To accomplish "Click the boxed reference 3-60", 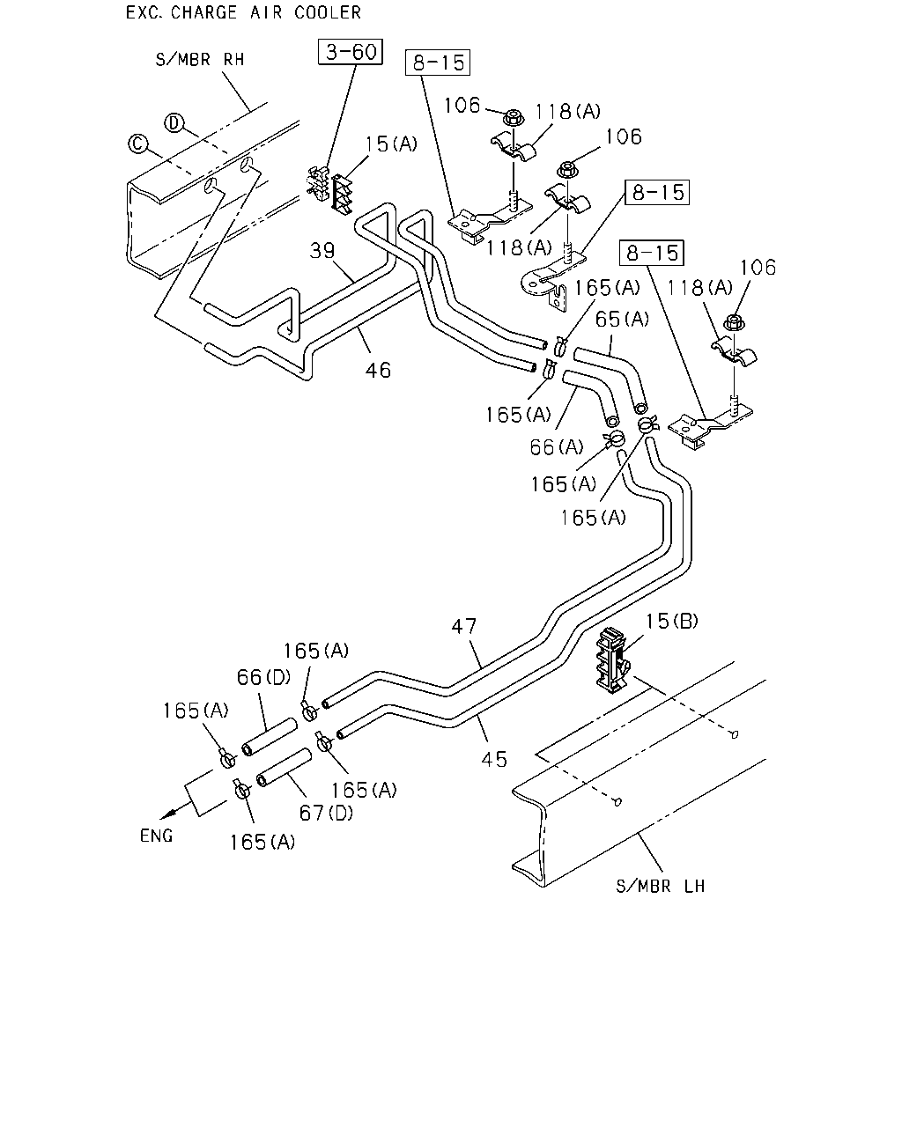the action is pos(350,52).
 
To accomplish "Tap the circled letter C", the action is pos(137,144).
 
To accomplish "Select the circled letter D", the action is pos(174,123).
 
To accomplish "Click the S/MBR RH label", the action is pos(200,60).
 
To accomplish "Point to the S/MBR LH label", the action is pos(660,886).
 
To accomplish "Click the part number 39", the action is pos(322,250).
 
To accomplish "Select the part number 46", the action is pos(378,371).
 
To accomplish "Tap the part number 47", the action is pos(464,626).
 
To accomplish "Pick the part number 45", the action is pos(494,759).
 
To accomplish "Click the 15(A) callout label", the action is pos(391,144).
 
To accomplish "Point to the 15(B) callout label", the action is pos(671,621).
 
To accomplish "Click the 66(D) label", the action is pos(263,677).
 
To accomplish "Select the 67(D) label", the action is pos(326,813).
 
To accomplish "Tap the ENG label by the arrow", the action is pos(156,836).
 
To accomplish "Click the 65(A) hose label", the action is pos(622,319).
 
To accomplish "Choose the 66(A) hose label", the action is pos(557,446).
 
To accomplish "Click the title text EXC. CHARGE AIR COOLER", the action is pos(244,12).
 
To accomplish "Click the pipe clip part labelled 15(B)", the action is pos(612,659).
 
